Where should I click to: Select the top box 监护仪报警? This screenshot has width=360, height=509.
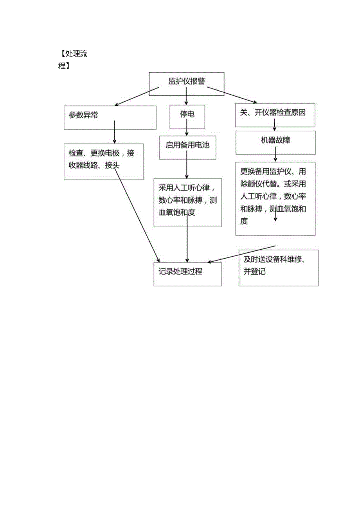[x=186, y=81]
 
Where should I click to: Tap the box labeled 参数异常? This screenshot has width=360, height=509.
[x=110, y=117]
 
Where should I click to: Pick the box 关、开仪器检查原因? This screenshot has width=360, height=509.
[x=275, y=114]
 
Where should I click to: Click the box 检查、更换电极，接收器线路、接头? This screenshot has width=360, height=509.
[x=104, y=161]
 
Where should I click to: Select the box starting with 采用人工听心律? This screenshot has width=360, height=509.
[x=188, y=202]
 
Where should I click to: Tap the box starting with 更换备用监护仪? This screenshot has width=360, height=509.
[x=275, y=198]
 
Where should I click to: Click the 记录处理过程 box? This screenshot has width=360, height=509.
[x=187, y=273]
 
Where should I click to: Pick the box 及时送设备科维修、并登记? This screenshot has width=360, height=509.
[x=278, y=268]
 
